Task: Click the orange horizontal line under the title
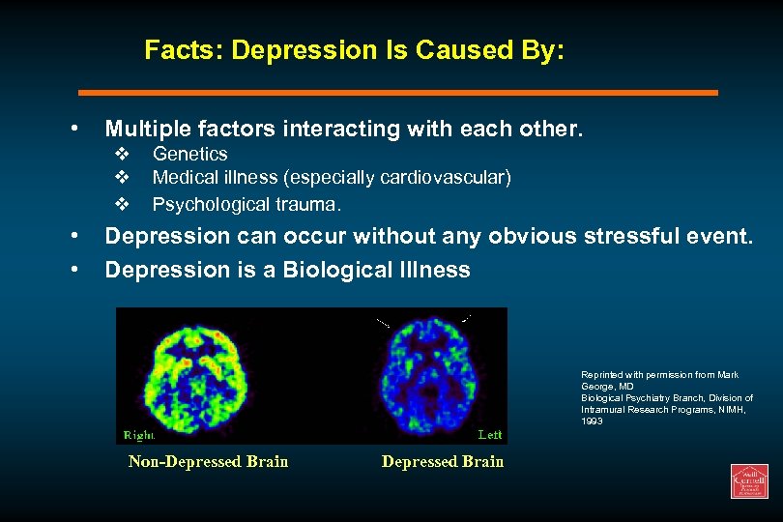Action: pyautogui.click(x=397, y=93)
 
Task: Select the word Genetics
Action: pyautogui.click(x=190, y=154)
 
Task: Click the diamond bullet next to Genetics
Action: pyautogui.click(x=122, y=155)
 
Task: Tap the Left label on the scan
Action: pyautogui.click(x=490, y=435)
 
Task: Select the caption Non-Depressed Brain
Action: pyautogui.click(x=208, y=461)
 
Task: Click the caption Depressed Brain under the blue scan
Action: pyautogui.click(x=443, y=461)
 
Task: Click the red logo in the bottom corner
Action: pyautogui.click(x=748, y=480)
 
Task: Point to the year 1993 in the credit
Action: pyautogui.click(x=592, y=421)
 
